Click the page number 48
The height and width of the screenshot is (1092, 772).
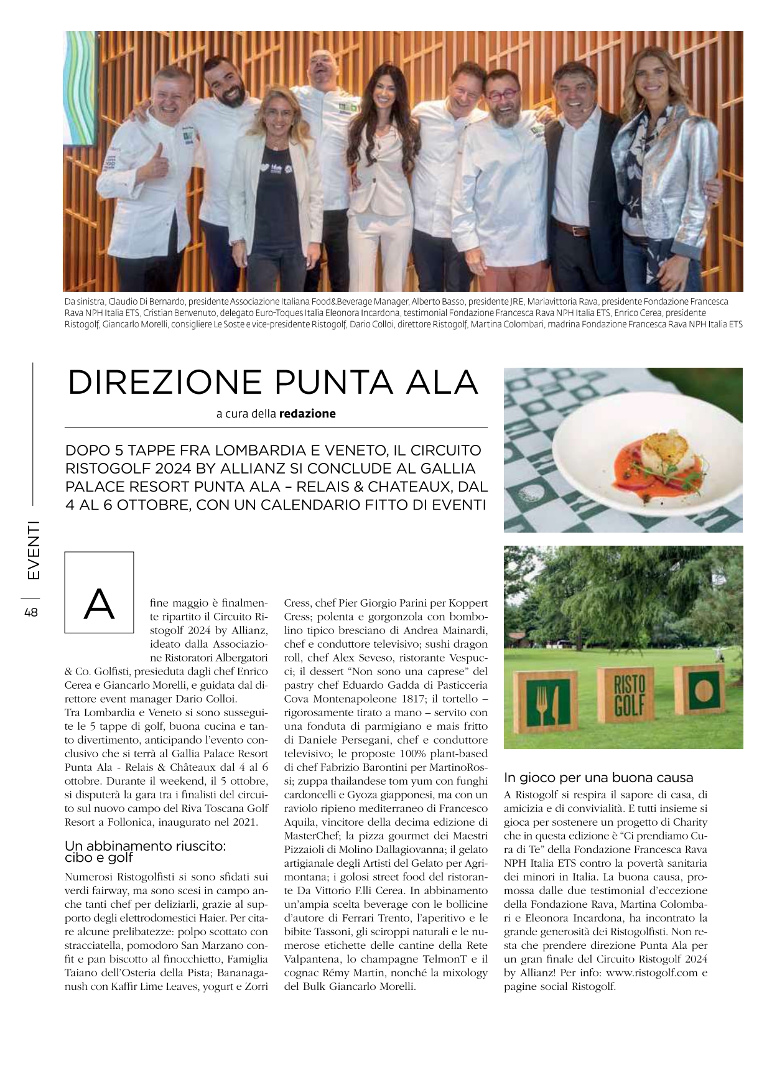31,612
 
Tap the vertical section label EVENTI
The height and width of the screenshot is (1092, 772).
32,550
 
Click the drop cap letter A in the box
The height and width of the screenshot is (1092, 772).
100,604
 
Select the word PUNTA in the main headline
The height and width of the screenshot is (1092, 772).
320,382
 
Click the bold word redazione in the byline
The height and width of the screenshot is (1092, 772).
307,414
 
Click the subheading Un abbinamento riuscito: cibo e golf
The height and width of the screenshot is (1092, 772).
145,852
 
